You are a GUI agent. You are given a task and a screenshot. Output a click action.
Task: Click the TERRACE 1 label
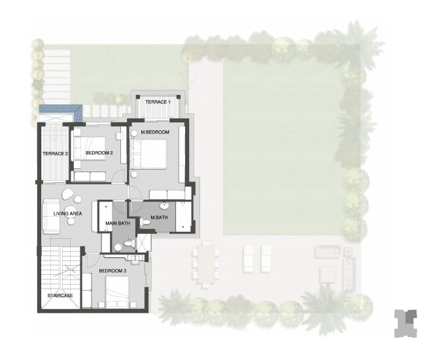tap(158, 102)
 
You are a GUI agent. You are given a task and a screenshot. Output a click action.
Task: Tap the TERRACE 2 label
tap(55, 154)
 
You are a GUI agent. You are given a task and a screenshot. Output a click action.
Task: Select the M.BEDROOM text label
tap(155, 132)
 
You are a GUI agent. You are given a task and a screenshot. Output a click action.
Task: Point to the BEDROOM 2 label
tap(99, 153)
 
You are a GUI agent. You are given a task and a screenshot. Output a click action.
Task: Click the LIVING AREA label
tap(68, 213)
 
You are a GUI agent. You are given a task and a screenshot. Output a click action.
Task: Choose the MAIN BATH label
tap(118, 223)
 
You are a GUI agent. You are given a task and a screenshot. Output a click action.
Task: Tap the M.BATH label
tap(159, 217)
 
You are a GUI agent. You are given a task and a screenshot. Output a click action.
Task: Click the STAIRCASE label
tap(60, 296)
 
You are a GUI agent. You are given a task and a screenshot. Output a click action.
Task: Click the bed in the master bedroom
tap(149, 154)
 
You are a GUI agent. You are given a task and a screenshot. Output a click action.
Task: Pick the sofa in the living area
tap(51, 217)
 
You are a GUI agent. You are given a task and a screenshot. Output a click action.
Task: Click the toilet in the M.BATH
tap(145, 223)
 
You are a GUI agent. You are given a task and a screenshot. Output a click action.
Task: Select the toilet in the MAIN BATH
tap(129, 243)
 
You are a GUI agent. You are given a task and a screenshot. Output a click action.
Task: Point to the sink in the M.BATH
tap(164, 206)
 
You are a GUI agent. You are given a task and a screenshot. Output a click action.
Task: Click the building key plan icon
tap(406, 323)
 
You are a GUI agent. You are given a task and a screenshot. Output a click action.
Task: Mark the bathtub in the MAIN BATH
tap(105, 217)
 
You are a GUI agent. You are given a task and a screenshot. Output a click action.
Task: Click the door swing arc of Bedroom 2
tap(119, 175)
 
